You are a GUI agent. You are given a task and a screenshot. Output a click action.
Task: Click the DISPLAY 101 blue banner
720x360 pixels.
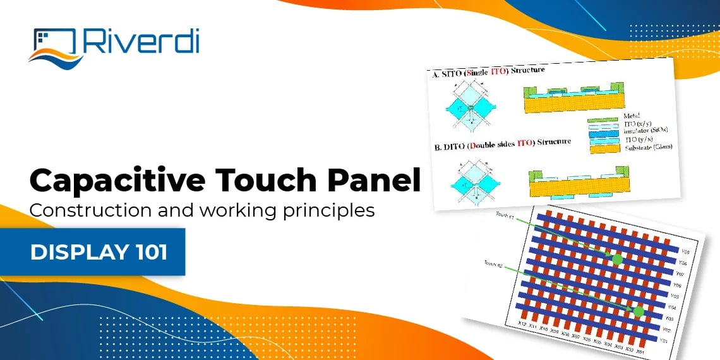tap(99, 252)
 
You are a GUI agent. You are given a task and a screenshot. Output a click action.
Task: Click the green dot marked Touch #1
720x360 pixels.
tap(617, 259)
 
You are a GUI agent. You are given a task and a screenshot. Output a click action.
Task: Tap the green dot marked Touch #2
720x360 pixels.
tap(639, 311)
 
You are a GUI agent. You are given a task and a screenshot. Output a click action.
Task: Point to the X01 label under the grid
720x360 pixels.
tap(640, 351)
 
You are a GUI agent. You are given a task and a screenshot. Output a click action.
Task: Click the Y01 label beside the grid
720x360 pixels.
tap(680, 341)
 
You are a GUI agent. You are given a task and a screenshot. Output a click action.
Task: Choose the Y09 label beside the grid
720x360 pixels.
tap(681, 251)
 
